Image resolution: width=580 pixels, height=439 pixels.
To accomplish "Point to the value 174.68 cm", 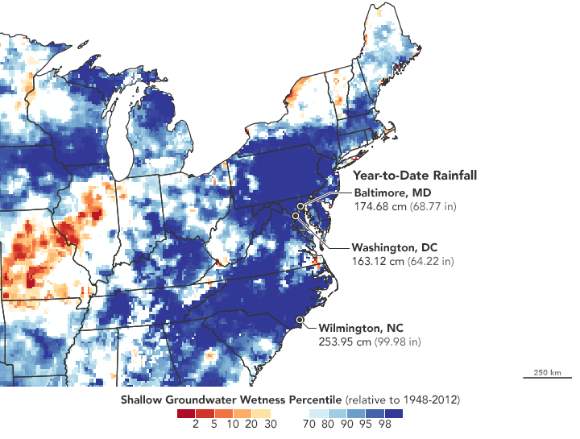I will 379,206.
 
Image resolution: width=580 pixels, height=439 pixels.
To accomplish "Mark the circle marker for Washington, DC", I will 296,216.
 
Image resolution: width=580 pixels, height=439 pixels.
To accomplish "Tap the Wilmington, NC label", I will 361,328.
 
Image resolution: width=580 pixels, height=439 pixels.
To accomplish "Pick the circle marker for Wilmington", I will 300,320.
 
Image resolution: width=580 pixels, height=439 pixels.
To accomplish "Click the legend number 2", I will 196,424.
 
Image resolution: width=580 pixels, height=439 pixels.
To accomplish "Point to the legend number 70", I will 308,424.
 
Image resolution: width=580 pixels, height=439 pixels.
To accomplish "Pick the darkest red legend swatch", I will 186,412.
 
